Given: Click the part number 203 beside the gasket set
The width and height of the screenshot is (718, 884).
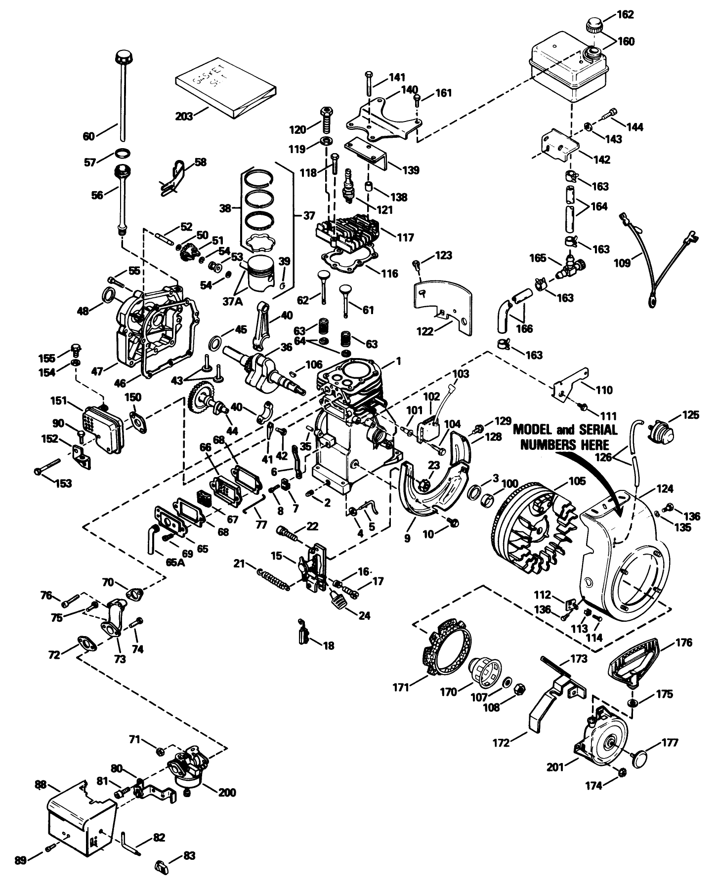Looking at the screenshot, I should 184,117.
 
